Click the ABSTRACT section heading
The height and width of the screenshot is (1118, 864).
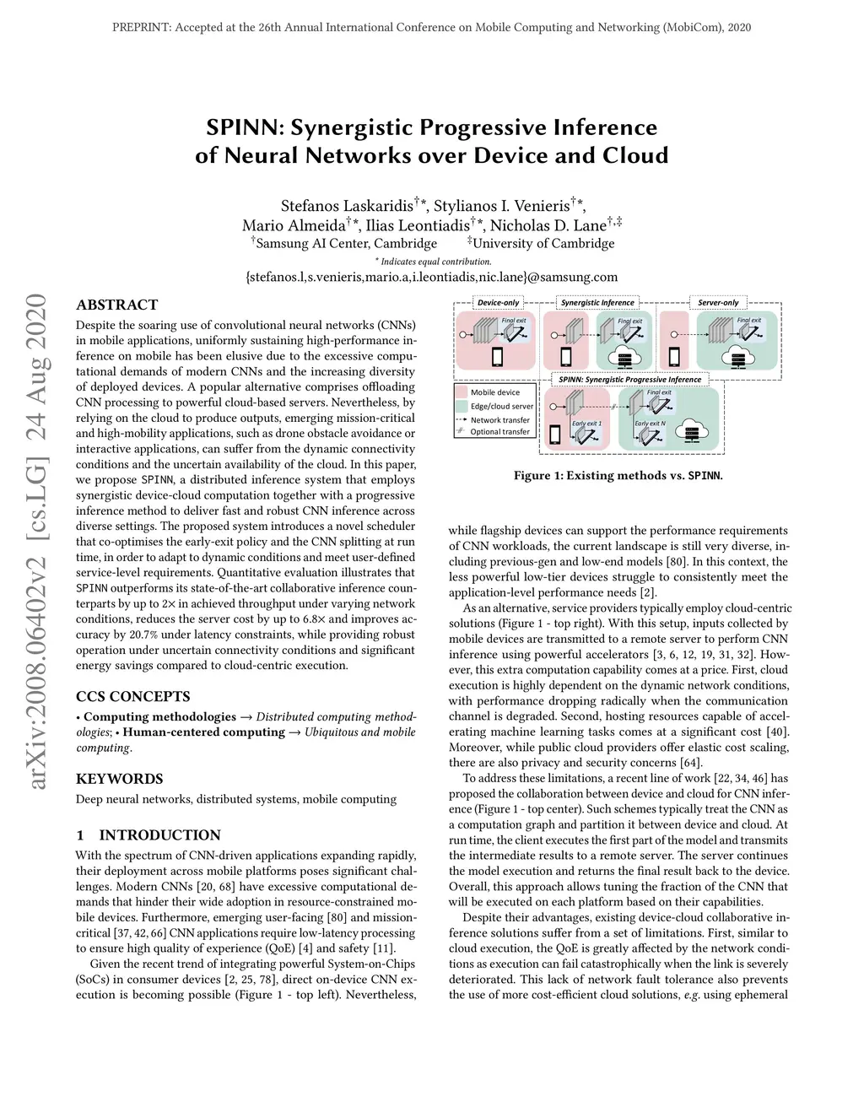click(116, 305)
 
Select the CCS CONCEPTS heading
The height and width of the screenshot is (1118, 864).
click(132, 696)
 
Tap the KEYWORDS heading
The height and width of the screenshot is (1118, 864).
click(119, 779)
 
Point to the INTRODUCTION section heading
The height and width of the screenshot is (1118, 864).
click(159, 835)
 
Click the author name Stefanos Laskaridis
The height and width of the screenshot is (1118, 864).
click(347, 206)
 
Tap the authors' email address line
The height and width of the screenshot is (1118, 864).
click(431, 277)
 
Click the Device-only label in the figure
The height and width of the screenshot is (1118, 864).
click(498, 302)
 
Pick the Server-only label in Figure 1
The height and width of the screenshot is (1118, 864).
click(718, 302)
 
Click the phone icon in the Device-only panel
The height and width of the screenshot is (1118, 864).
click(497, 357)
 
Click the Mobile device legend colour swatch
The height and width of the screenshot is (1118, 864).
click(461, 392)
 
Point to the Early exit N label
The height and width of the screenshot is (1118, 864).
click(650, 424)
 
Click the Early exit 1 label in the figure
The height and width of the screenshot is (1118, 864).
click(586, 424)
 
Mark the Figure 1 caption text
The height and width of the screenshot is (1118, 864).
click(618, 476)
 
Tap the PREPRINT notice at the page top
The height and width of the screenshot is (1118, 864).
click(431, 28)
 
